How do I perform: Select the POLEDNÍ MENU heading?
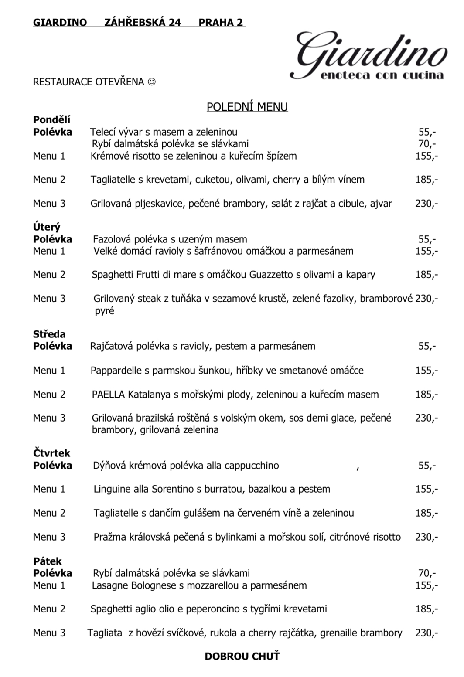click(x=247, y=107)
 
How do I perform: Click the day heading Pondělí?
click(x=51, y=120)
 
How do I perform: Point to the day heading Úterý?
click(x=47, y=227)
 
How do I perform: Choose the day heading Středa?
click(x=49, y=334)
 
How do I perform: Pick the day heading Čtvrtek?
click(x=51, y=453)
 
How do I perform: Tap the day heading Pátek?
click(x=48, y=561)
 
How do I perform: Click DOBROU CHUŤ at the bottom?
click(x=242, y=656)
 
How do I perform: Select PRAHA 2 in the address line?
click(x=221, y=23)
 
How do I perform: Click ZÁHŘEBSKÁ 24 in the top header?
click(x=143, y=23)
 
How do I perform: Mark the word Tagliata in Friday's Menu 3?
click(x=105, y=633)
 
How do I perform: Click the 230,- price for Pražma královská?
click(x=426, y=537)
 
